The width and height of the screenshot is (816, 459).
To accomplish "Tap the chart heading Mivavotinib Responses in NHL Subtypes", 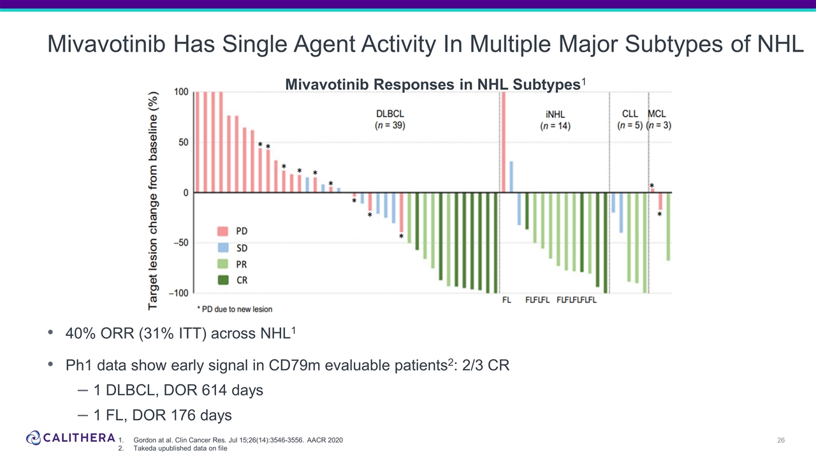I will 433,85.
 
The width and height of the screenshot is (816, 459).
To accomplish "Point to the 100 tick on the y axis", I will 181,92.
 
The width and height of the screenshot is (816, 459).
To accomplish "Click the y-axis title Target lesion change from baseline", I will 154,199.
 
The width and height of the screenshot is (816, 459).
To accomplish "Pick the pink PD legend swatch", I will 223,230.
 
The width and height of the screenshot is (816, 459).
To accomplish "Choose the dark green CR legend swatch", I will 223,280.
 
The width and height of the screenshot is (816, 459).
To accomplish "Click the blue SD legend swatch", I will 223,247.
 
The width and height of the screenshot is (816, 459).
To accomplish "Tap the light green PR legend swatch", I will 223,263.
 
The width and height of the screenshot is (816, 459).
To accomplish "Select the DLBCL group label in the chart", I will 390,113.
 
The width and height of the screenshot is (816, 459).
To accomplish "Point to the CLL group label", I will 630,113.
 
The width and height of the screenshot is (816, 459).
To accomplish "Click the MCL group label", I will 658,113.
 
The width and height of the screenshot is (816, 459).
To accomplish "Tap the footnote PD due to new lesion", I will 235,309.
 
